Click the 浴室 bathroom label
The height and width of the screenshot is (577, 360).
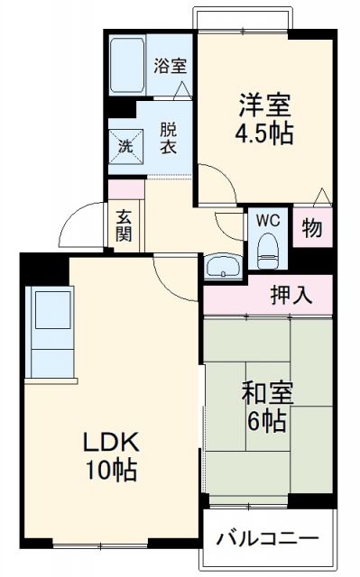(171, 65)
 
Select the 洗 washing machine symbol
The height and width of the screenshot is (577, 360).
(123, 142)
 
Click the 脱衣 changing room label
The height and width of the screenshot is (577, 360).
(168, 137)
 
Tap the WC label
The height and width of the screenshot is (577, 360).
(266, 219)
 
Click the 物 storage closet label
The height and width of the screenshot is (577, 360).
(311, 229)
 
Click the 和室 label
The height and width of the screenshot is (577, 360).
(265, 393)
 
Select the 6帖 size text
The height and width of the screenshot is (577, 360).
(265, 421)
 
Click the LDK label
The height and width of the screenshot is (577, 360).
(110, 441)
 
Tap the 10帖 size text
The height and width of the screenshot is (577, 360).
(110, 470)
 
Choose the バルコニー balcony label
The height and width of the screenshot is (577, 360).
(267, 538)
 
